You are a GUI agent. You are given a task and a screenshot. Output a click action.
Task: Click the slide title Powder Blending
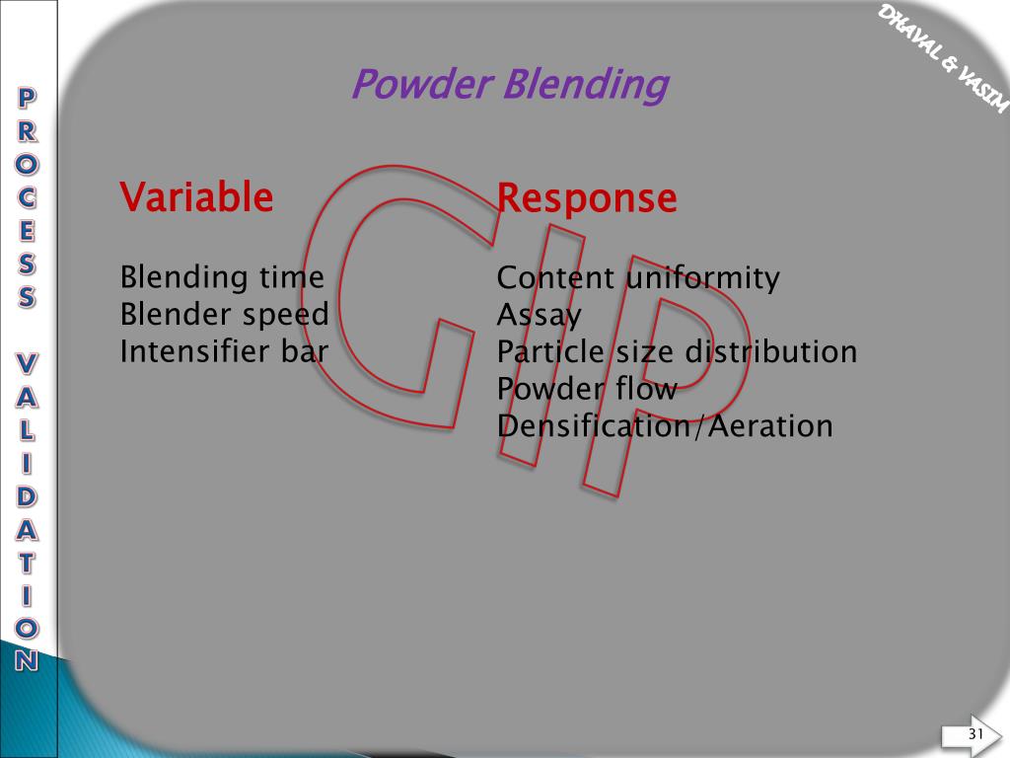[x=509, y=85]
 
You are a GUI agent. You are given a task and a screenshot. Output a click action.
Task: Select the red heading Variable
[x=196, y=197]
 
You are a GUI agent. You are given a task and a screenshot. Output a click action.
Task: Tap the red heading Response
[x=587, y=198]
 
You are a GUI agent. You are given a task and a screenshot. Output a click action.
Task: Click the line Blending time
[x=222, y=277]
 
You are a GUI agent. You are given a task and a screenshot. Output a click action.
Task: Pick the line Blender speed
[x=224, y=315]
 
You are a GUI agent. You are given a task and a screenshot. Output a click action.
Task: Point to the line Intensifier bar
[x=223, y=351]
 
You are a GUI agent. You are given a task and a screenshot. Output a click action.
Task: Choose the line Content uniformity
[x=638, y=278]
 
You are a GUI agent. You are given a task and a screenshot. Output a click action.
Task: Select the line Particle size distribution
[x=677, y=351]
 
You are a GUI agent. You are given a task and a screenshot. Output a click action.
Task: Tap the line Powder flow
[x=587, y=389]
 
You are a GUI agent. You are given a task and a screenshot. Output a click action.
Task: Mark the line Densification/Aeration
[x=665, y=426]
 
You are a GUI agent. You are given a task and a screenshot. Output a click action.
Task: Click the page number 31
[x=976, y=733]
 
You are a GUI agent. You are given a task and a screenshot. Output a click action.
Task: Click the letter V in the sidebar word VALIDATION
[x=29, y=364]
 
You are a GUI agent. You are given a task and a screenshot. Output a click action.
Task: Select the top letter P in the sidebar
[x=29, y=98]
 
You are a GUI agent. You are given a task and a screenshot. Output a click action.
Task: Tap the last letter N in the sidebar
[x=29, y=659]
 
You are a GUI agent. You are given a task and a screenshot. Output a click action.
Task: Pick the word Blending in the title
[x=585, y=85]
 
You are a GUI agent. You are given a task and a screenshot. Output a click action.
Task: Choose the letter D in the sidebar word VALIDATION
[x=29, y=496]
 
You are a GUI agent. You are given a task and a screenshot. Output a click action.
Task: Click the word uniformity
[x=702, y=278]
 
